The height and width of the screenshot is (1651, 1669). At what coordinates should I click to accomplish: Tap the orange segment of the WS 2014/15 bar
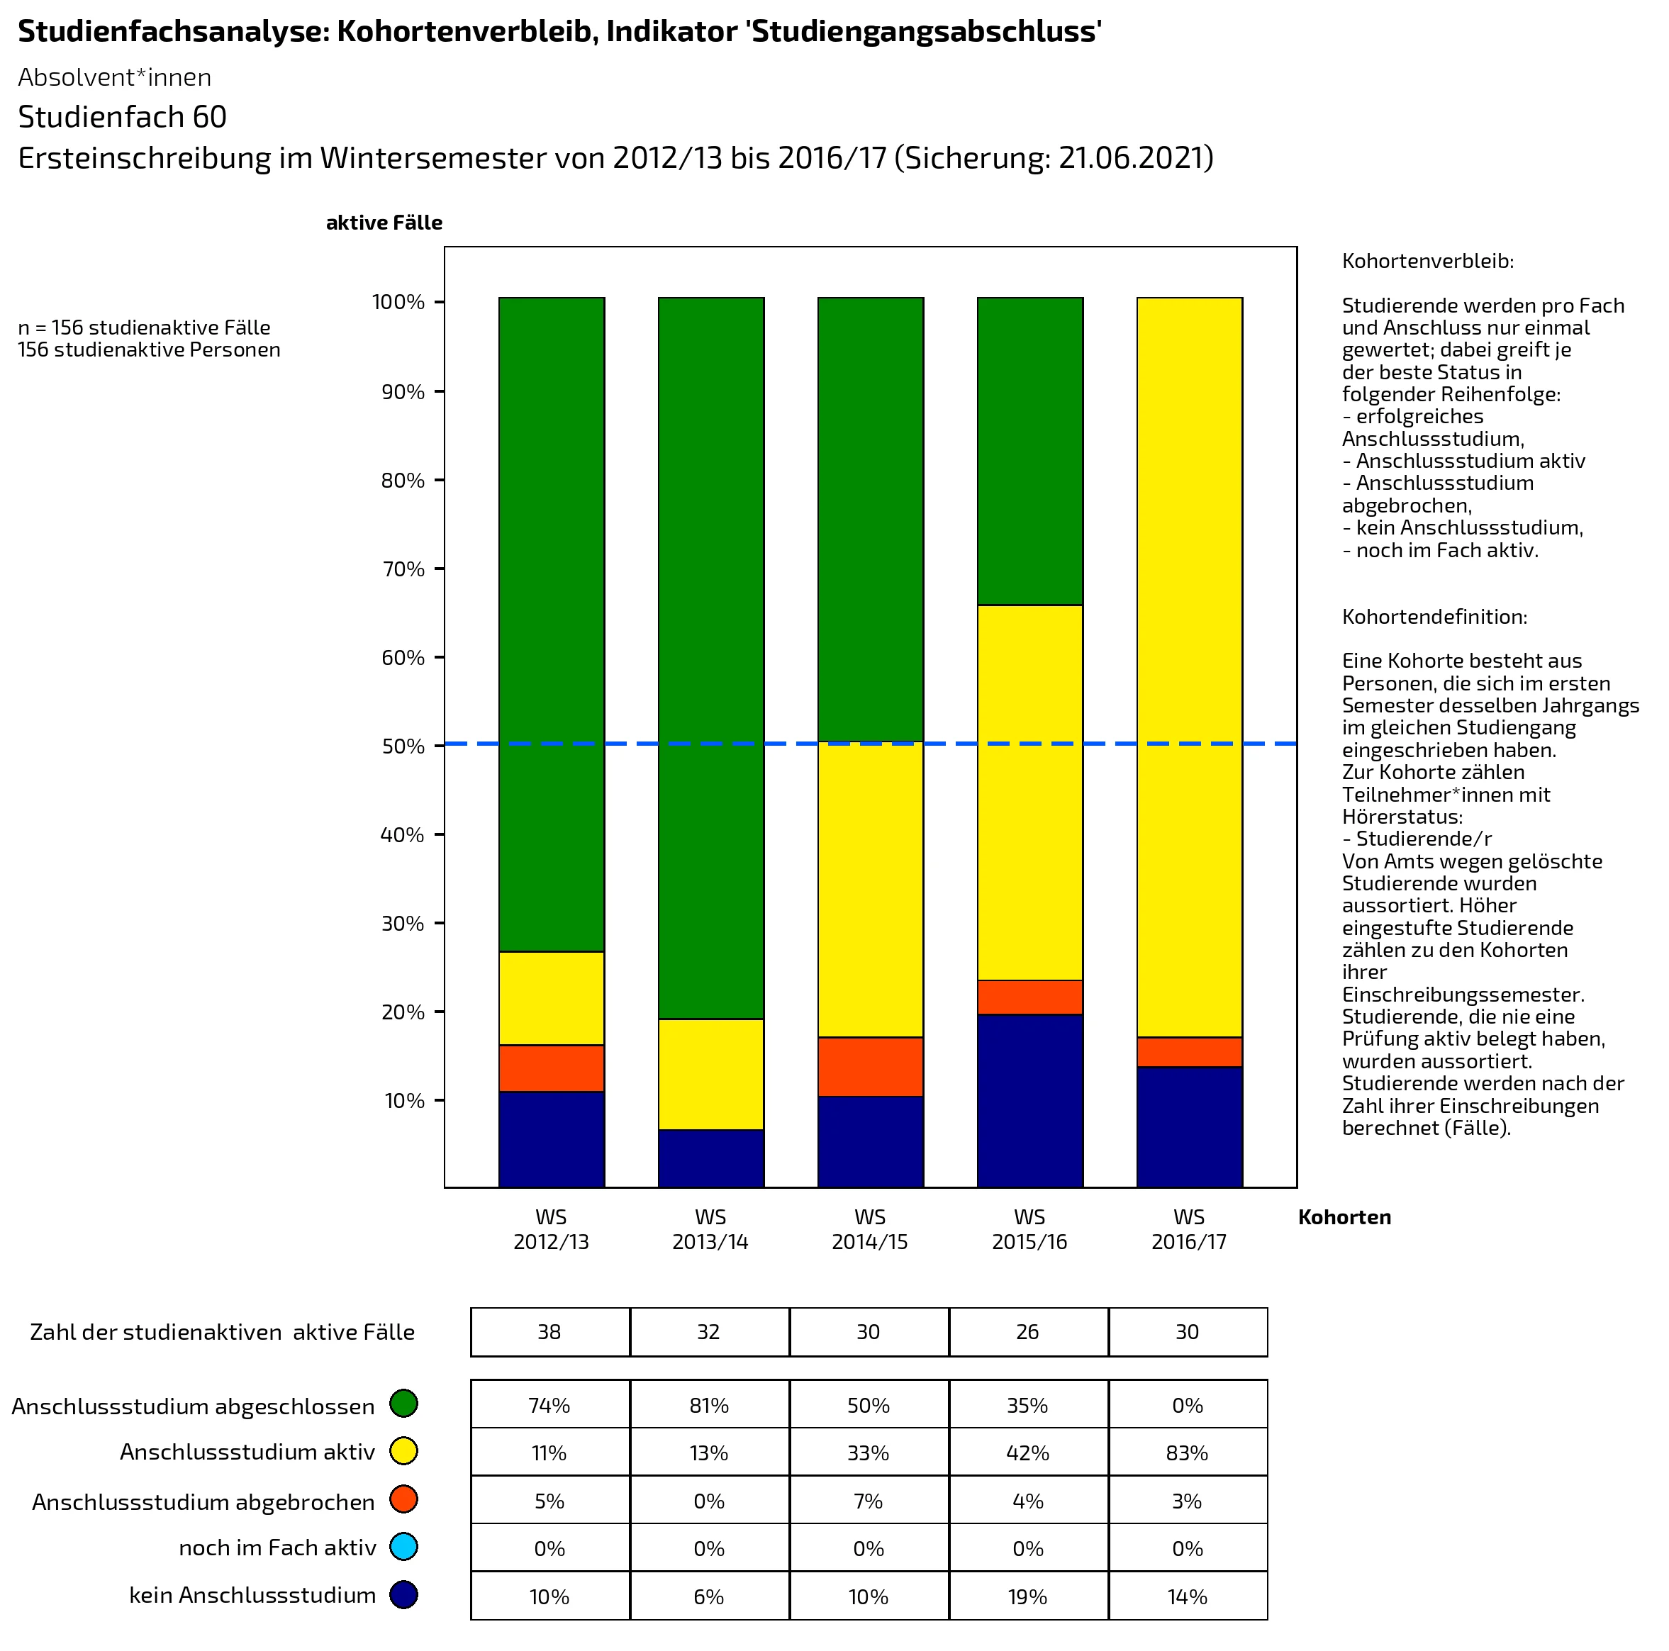[x=870, y=1066]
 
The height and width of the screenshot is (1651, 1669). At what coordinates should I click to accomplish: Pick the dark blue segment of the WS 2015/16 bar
[x=1029, y=1099]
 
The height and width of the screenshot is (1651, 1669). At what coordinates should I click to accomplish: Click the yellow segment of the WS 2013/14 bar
[x=711, y=1074]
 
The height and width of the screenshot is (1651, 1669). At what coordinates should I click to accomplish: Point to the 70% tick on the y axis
[x=403, y=569]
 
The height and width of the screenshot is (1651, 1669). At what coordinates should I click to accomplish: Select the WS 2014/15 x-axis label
[x=870, y=1229]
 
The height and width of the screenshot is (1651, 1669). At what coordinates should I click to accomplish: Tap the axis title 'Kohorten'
[x=1344, y=1217]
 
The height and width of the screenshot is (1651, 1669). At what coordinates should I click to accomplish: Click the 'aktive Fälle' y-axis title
[x=384, y=223]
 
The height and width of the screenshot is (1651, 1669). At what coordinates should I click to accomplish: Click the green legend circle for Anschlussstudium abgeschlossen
[x=403, y=1403]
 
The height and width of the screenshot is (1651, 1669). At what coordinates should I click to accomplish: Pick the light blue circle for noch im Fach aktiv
[x=403, y=1547]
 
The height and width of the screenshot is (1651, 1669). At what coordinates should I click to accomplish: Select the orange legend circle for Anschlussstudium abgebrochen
[x=403, y=1499]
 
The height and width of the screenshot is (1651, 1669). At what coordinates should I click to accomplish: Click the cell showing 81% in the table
[x=709, y=1406]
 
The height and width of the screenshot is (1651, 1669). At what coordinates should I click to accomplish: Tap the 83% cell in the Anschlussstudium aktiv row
[x=1187, y=1453]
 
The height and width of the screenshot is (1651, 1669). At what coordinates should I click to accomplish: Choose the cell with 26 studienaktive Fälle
[x=1027, y=1331]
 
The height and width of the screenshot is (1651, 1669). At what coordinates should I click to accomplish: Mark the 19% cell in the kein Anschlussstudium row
[x=1027, y=1596]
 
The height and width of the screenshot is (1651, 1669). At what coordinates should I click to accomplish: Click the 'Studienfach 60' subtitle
[x=123, y=117]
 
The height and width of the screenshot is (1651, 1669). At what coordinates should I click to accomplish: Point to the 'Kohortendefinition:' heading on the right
[x=1434, y=617]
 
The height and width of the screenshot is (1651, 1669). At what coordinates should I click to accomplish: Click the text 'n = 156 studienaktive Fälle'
[x=144, y=328]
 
